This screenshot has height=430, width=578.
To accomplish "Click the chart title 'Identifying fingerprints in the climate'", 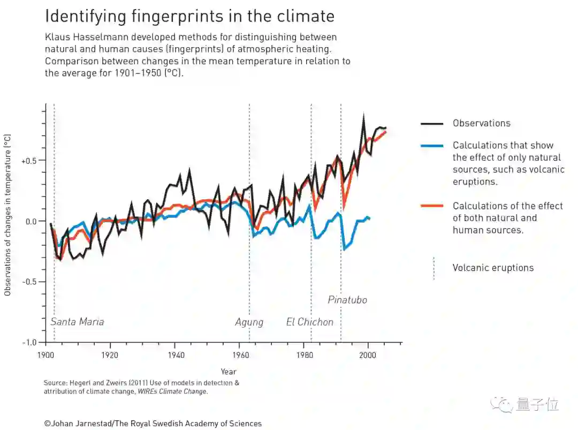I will [x=189, y=16].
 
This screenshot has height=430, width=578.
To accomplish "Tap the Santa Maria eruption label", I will [x=77, y=322].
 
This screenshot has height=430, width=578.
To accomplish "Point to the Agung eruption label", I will [x=249, y=322].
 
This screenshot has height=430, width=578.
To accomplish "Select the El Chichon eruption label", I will [x=309, y=322].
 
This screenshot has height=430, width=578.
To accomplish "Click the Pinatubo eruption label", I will [x=347, y=300].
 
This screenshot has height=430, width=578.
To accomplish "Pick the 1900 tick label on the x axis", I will [x=45, y=354].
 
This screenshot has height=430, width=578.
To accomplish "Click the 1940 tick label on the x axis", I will [x=174, y=354].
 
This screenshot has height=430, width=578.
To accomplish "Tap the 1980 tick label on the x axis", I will [x=303, y=354].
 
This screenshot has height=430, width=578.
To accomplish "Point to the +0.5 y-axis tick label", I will [x=30, y=161].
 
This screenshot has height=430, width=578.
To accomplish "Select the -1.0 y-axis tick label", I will [x=30, y=342].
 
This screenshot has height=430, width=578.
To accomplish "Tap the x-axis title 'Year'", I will [x=229, y=372].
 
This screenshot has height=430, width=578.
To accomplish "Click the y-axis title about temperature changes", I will [x=7, y=214].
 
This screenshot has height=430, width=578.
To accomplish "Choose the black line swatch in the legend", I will [x=432, y=124].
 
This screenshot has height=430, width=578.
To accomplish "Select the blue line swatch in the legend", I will [x=432, y=146].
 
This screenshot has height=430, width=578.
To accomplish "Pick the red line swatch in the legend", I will [x=432, y=206].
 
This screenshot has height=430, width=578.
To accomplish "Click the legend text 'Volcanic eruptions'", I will [x=493, y=268].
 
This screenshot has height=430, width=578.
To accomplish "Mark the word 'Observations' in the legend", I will [x=481, y=123].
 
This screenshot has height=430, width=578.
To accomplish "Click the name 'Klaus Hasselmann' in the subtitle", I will [x=82, y=37].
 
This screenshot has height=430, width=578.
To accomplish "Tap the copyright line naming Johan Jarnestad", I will [x=153, y=424].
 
